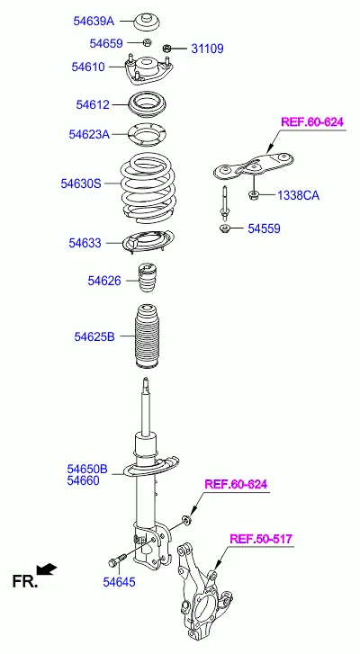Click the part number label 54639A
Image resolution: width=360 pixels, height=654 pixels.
coord(94,21)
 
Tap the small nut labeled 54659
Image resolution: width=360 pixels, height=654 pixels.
coord(147,42)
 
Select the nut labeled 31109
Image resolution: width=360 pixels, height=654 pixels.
coord(167,48)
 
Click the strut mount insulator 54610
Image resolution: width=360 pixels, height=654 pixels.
coord(148,69)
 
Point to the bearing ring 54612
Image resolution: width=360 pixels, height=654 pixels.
coord(148,104)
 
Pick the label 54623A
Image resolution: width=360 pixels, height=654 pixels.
coord(89,134)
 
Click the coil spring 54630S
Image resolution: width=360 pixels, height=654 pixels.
coord(148,189)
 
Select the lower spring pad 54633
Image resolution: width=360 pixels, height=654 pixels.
coord(148,242)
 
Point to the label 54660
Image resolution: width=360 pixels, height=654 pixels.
coord(84,481)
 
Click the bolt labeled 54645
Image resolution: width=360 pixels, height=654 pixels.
coord(117,560)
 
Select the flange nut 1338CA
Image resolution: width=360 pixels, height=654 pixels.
coord(254,194)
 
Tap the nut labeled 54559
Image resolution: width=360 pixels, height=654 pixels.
coord(225,228)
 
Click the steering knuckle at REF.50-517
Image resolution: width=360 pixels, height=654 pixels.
coord(204,595)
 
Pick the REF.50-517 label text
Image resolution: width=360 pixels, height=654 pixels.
coord(261,539)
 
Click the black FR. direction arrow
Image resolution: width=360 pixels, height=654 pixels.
coord(46,569)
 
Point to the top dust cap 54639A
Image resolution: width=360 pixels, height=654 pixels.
coord(148,22)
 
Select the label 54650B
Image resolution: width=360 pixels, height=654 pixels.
coord(87,470)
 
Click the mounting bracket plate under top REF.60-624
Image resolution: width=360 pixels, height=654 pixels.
coord(253,166)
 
